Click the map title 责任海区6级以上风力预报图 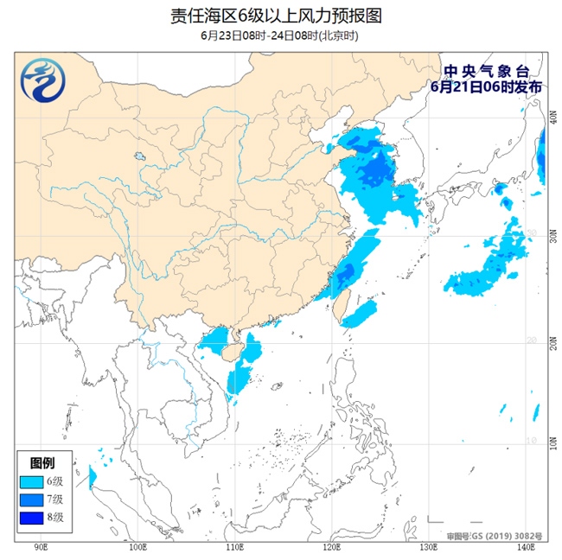[x=280, y=16]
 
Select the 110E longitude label [x=234, y=547]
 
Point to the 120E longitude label [x=331, y=547]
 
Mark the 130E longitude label [x=427, y=547]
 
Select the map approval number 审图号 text [x=494, y=536]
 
